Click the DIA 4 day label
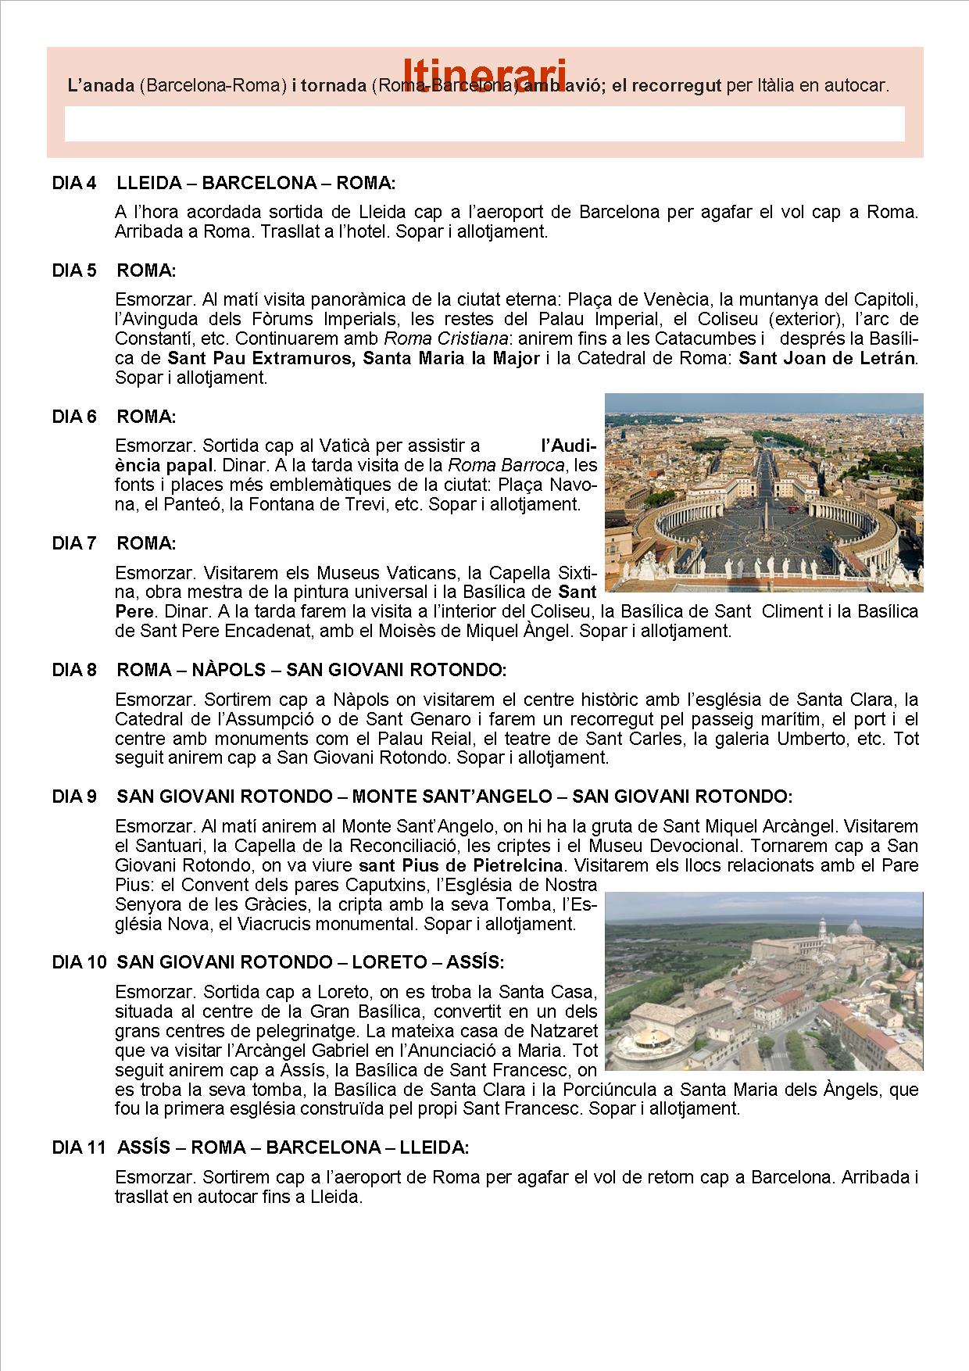click(x=74, y=183)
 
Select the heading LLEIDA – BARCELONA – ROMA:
click(x=256, y=183)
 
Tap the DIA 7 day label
click(x=74, y=542)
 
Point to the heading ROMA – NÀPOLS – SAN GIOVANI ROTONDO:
click(x=312, y=670)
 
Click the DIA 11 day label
click(x=78, y=1147)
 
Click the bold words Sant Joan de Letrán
click(x=828, y=358)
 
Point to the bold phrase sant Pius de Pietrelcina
click(x=461, y=865)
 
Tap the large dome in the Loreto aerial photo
click(x=854, y=932)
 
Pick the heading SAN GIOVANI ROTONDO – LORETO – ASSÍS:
click(x=310, y=961)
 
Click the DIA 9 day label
click(x=74, y=796)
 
